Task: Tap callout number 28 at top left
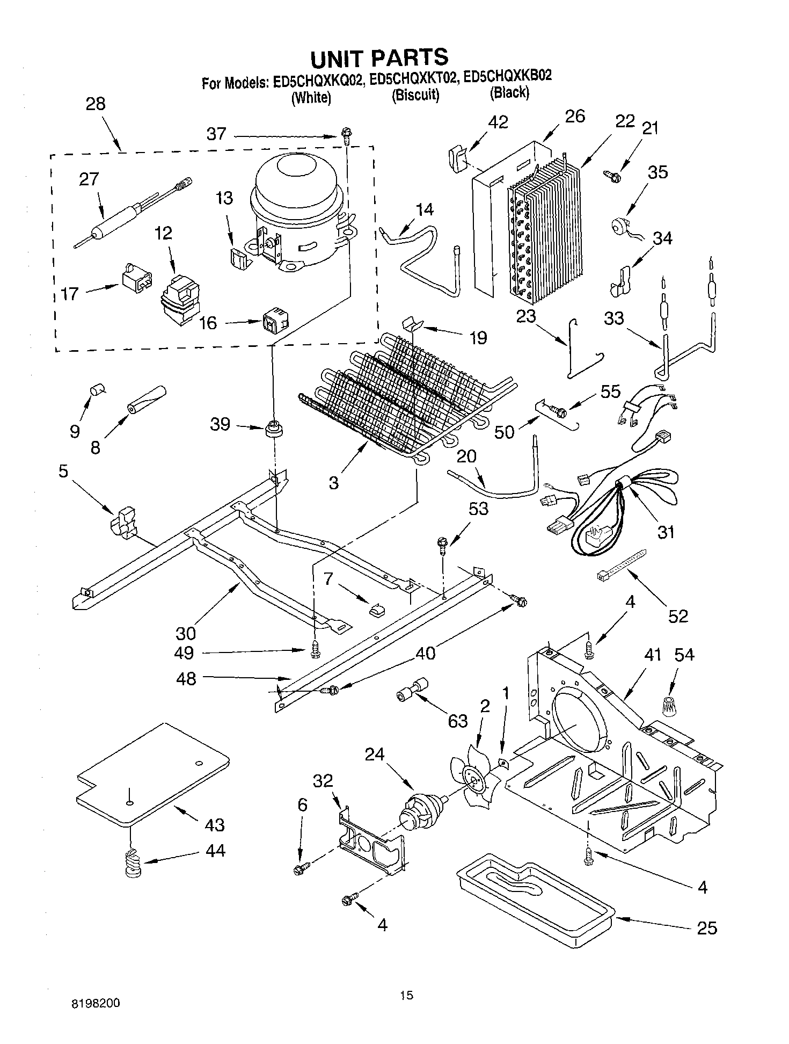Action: tap(96, 104)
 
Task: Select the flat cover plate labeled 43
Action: tap(153, 774)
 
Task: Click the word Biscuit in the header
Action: tap(415, 96)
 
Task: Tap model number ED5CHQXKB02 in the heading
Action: tap(507, 77)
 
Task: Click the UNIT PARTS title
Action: tap(379, 56)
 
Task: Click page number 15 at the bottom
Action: tap(406, 995)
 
